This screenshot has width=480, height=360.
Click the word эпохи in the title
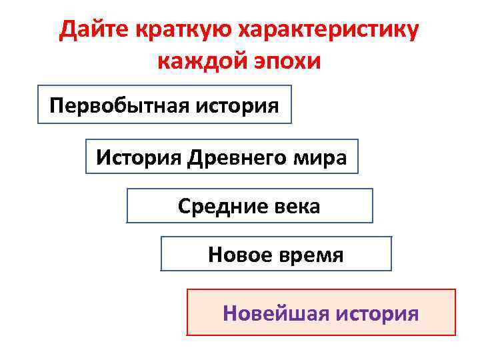[289, 61]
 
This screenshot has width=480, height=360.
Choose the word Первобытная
[111, 105]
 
